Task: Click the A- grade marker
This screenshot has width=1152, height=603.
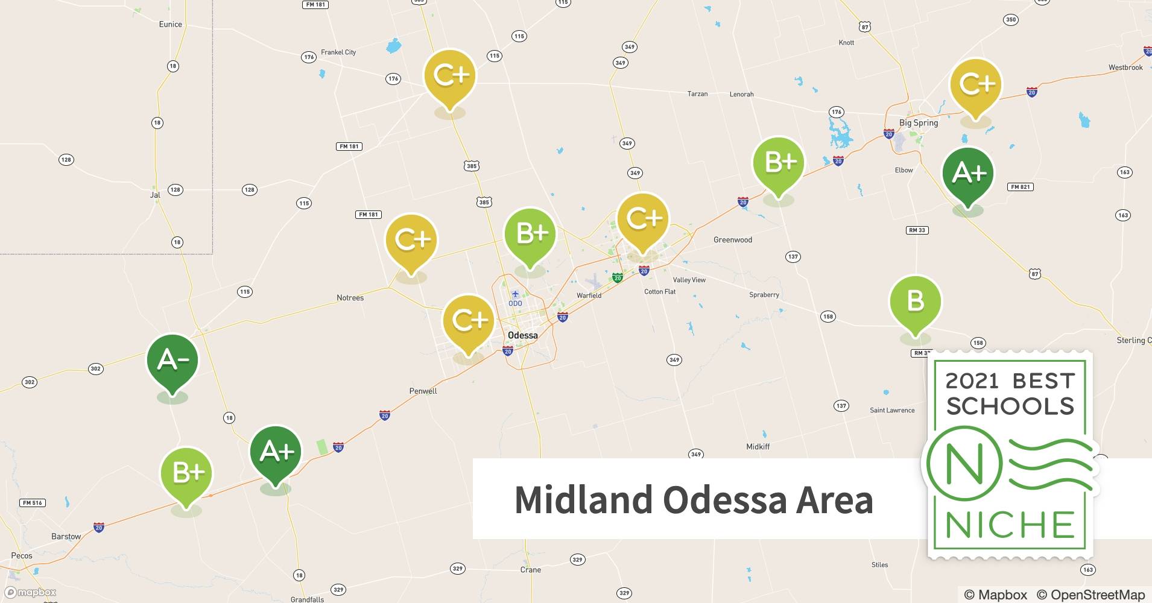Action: click(172, 361)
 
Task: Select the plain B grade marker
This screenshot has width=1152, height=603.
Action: click(915, 301)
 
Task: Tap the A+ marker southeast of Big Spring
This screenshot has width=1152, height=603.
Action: click(967, 174)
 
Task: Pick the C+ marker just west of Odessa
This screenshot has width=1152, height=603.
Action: click(469, 320)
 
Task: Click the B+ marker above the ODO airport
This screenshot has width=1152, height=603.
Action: click(530, 234)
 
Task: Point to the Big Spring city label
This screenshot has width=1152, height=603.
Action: click(918, 122)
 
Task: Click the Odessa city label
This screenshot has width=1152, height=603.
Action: click(522, 335)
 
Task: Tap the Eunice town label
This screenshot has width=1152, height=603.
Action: click(170, 24)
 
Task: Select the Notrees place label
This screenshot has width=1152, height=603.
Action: click(350, 298)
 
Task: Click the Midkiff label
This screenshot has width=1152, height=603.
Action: click(758, 447)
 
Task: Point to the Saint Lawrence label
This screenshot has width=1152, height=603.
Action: click(892, 411)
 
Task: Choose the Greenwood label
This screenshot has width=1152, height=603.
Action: click(732, 240)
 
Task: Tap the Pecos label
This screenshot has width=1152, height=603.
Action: click(22, 556)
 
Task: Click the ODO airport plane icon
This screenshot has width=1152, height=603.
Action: click(515, 294)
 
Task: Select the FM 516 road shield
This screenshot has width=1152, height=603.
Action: click(33, 503)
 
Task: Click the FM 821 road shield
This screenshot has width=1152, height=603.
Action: click(1020, 187)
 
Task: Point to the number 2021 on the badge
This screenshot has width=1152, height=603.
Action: click(972, 381)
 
